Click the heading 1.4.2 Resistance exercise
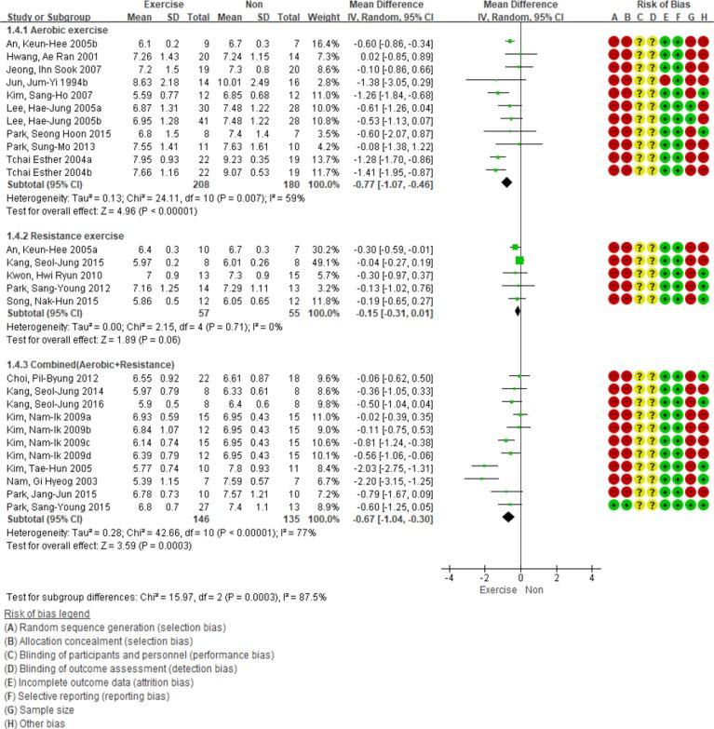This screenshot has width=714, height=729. pyautogui.click(x=68, y=236)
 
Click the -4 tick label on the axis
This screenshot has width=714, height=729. pyautogui.click(x=448, y=578)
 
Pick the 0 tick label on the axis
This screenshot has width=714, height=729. pyautogui.click(x=520, y=578)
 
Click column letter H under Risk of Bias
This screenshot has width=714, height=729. pyautogui.click(x=707, y=17)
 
